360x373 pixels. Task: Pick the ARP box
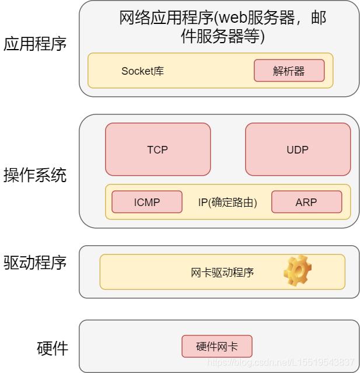pyautogui.click(x=306, y=202)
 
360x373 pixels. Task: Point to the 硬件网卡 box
pyautogui.click(x=217, y=347)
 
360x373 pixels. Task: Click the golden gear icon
pyautogui.click(x=297, y=271)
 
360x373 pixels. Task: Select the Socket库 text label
pyautogui.click(x=142, y=71)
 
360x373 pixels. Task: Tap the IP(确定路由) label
pyautogui.click(x=228, y=203)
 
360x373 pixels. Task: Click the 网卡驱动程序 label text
pyautogui.click(x=222, y=272)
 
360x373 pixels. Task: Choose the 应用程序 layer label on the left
pyautogui.click(x=35, y=44)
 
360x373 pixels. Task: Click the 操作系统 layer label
pyautogui.click(x=35, y=175)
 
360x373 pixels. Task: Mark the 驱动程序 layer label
pyautogui.click(x=35, y=262)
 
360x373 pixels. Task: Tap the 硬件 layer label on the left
pyautogui.click(x=53, y=349)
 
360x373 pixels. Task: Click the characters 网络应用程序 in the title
pyautogui.click(x=155, y=18)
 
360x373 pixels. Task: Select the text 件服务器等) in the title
pyautogui.click(x=222, y=37)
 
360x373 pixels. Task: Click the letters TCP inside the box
pyautogui.click(x=158, y=150)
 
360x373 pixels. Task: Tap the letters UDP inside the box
pyautogui.click(x=298, y=150)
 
